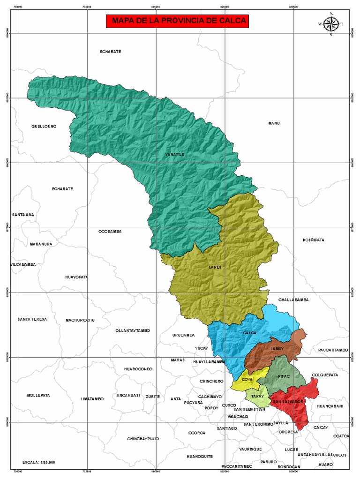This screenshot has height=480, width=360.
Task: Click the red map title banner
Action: tap(178, 21)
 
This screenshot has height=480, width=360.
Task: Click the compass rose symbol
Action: tap(331, 23)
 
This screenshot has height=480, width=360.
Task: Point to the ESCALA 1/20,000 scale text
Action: tap(39, 462)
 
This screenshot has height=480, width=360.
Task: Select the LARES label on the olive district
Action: tap(215, 267)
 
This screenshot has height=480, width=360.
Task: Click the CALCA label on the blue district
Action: tap(249, 333)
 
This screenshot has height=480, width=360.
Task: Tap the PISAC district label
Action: tap(284, 376)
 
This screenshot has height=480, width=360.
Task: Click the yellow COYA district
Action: tap(247, 381)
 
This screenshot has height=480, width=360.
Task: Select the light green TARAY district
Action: tap(257, 397)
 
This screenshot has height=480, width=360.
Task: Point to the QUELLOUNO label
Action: tap(44, 127)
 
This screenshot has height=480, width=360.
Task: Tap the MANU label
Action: tap(274, 123)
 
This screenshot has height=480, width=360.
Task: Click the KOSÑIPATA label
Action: tap(313, 240)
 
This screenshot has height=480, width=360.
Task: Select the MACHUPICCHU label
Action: tap(80, 320)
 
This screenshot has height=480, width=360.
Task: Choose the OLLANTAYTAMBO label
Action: tap(133, 330)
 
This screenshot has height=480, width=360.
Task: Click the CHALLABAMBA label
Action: tap(293, 300)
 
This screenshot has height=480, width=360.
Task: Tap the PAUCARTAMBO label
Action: tap(333, 350)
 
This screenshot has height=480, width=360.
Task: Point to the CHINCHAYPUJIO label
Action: tap(143, 439)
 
